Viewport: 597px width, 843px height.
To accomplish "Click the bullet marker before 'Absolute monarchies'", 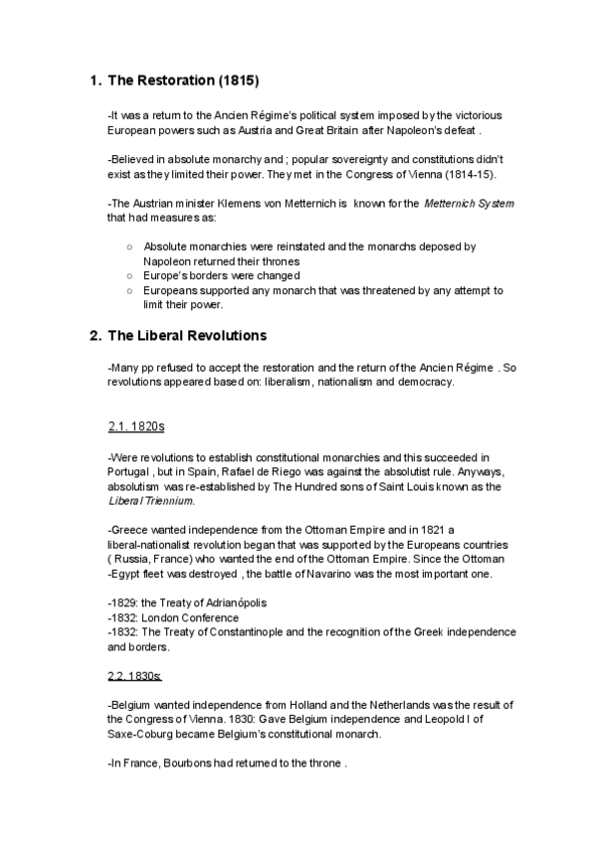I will (130, 246).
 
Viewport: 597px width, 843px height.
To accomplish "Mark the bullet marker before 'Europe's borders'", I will (130, 274).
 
